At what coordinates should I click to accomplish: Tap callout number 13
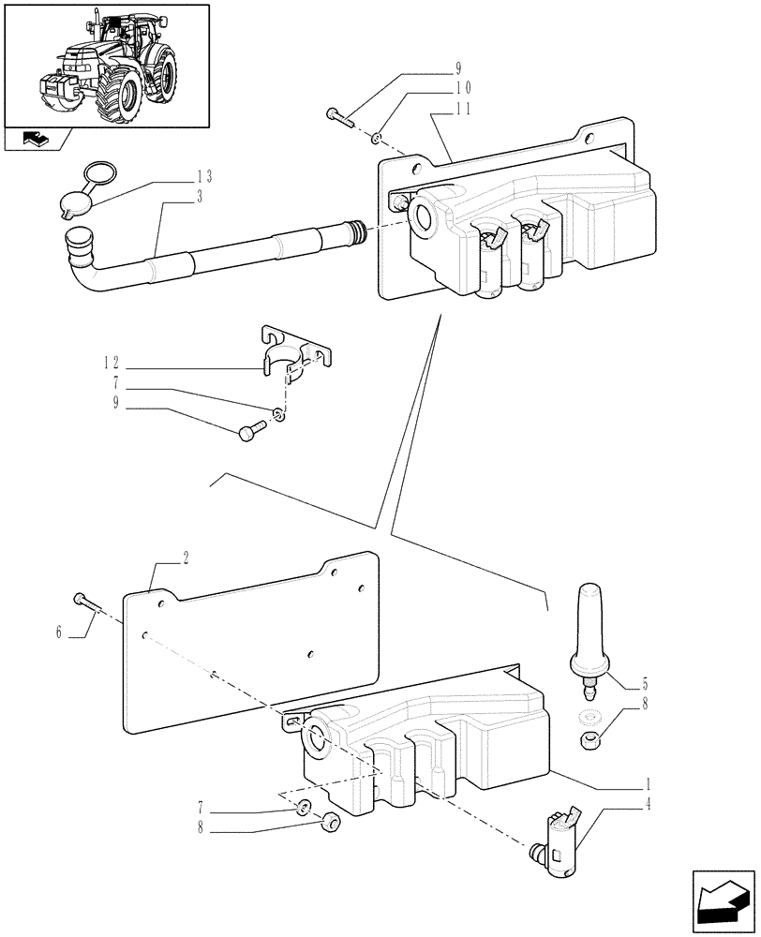click(x=204, y=176)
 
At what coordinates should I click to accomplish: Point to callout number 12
click(x=112, y=363)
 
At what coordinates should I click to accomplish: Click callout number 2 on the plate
click(x=186, y=557)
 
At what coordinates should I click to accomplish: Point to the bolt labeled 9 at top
click(x=340, y=117)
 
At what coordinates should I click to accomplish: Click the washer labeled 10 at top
click(x=376, y=140)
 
